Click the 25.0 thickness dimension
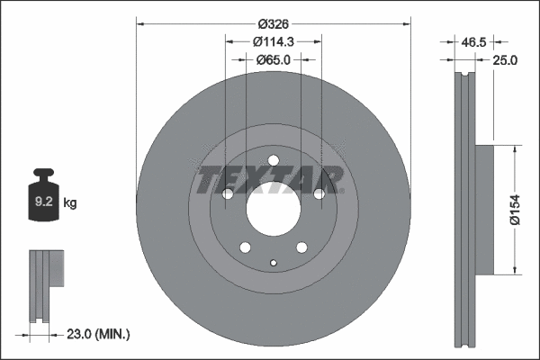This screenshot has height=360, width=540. click(504, 60)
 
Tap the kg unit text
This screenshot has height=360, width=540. click(70, 204)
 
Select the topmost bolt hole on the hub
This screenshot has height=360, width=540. click(273, 163)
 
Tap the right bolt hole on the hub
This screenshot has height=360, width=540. click(318, 194)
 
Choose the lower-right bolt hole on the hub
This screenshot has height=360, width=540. click(301, 248)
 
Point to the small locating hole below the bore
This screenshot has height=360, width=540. click(273, 263)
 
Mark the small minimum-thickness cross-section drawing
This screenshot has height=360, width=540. click(46, 286)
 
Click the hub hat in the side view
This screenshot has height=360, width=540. click(483, 209)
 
